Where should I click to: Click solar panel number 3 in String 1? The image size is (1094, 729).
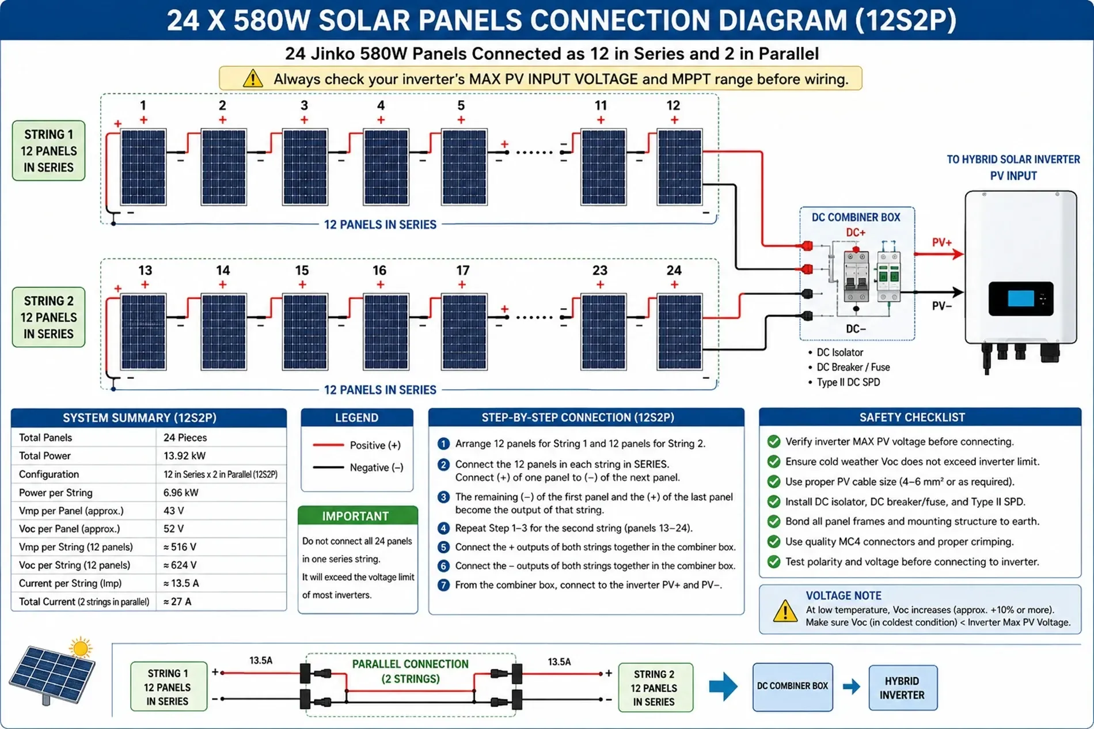[305, 167]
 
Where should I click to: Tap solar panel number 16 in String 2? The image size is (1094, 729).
[386, 332]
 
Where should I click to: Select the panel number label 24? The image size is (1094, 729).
[674, 270]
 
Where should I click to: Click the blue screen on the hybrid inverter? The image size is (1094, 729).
[1021, 298]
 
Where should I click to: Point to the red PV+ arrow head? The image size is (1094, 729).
[958, 253]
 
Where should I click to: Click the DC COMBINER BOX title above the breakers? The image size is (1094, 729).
[856, 217]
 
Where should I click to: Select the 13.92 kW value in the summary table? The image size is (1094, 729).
[184, 455]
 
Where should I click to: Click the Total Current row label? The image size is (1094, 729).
[84, 602]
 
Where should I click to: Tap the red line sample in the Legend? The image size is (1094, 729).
[328, 445]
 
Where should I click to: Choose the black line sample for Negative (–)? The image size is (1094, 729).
[328, 467]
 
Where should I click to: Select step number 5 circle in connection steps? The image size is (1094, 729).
[443, 547]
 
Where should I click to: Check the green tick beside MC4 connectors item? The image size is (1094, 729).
[774, 541]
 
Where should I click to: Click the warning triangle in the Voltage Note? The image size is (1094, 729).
[785, 611]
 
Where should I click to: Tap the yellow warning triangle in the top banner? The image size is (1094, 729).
[253, 78]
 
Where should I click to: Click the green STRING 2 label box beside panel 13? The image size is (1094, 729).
[49, 317]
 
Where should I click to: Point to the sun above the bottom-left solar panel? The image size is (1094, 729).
[81, 648]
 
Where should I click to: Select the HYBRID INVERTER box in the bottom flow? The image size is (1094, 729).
[903, 688]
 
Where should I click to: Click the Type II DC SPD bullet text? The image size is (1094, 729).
[848, 382]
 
